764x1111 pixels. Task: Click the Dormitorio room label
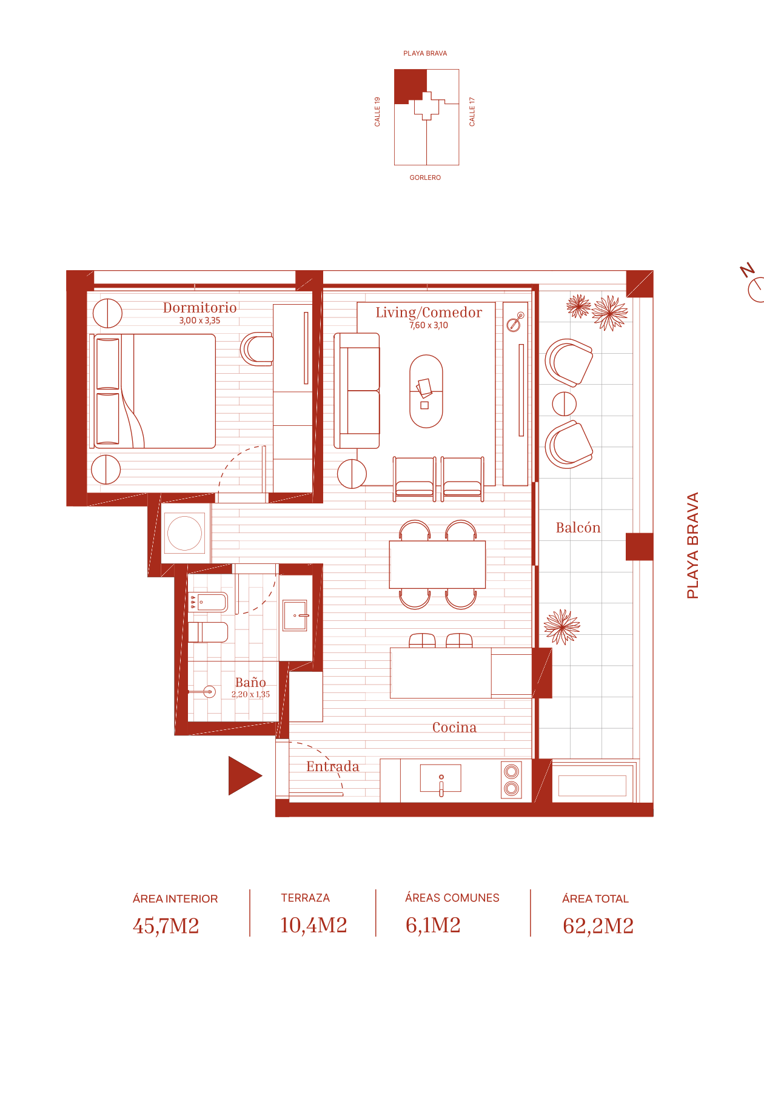[x=199, y=308]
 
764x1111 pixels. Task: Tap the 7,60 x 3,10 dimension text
[x=429, y=325]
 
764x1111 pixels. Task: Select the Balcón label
[x=578, y=528]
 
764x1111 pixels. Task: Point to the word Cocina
[x=454, y=728]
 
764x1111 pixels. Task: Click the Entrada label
[x=332, y=766]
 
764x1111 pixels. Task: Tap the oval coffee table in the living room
[x=426, y=391]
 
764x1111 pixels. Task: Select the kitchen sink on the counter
[x=441, y=778]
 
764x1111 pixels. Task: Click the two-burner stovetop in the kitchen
[x=512, y=780]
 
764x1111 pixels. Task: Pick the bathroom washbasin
[x=295, y=615]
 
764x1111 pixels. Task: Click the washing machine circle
[x=184, y=534]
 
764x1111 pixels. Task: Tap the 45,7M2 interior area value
[x=166, y=926]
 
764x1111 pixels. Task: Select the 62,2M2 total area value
[x=598, y=926]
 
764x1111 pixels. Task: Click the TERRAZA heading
[x=305, y=898]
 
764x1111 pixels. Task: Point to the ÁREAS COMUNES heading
[x=452, y=898]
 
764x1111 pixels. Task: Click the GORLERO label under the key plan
[x=425, y=177]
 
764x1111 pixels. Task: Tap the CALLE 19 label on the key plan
[x=377, y=111]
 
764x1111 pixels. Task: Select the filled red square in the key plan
[x=409, y=85]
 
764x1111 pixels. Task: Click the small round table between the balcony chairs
[x=565, y=404]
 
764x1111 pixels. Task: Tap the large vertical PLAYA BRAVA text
[x=692, y=545]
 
